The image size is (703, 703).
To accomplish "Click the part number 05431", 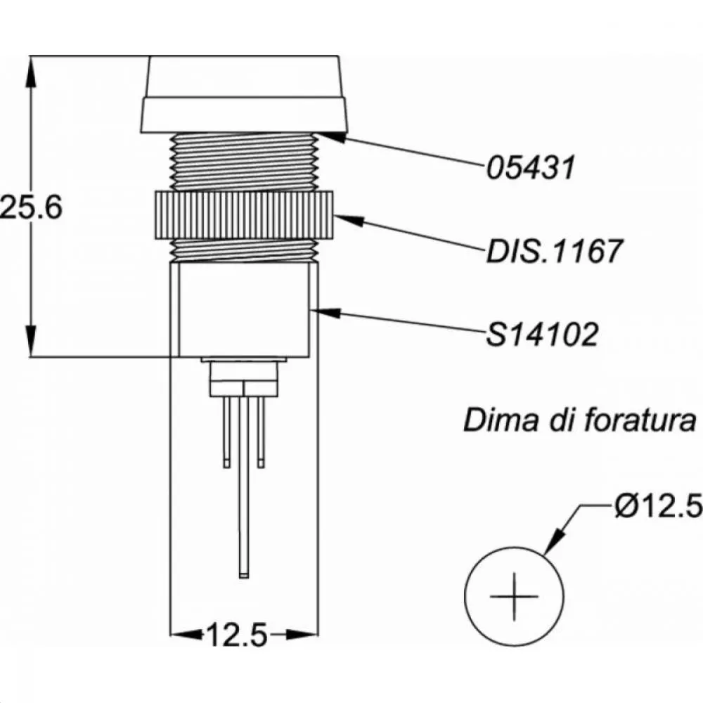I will coord(531,167).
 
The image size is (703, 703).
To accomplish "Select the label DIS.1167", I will coord(555,250).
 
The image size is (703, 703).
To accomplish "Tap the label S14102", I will coord(542,334).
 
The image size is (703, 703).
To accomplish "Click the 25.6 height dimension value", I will coord(32,207).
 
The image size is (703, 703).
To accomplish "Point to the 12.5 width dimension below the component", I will coord(237,636).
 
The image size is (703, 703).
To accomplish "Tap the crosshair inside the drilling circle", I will coord(515,596).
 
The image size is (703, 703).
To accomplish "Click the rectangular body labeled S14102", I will coord(244,309).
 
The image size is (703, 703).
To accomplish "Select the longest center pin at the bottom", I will coord(243,492).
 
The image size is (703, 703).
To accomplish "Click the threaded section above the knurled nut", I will coord(244,162).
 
